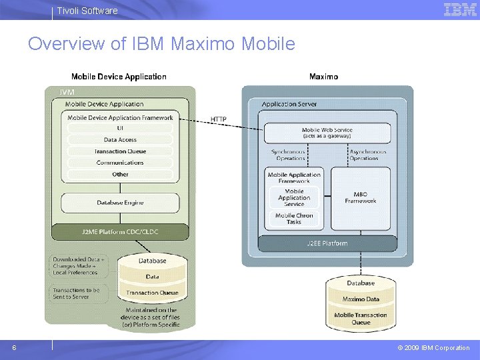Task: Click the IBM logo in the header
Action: point(460,9)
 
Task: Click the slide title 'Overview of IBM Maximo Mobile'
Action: point(161,44)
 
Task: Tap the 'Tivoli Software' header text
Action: point(87,11)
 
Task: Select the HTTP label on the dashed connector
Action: point(219,119)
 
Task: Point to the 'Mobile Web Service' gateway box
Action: point(327,133)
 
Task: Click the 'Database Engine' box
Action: point(120,203)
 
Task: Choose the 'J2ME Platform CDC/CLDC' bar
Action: point(120,232)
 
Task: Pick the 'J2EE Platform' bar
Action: point(327,243)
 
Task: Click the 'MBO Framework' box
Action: point(361,197)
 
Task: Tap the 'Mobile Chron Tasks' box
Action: point(294,219)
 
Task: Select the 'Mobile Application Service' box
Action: point(294,197)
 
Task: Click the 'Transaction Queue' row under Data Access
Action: point(120,151)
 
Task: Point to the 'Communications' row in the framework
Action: point(120,163)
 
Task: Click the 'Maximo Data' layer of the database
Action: point(361,299)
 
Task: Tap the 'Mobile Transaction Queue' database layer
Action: point(361,319)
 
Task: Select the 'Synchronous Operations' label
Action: point(288,155)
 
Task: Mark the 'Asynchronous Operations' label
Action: point(367,155)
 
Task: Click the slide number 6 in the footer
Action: point(15,347)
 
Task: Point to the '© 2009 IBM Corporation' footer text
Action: point(433,348)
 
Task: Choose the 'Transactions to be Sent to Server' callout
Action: point(77,293)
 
